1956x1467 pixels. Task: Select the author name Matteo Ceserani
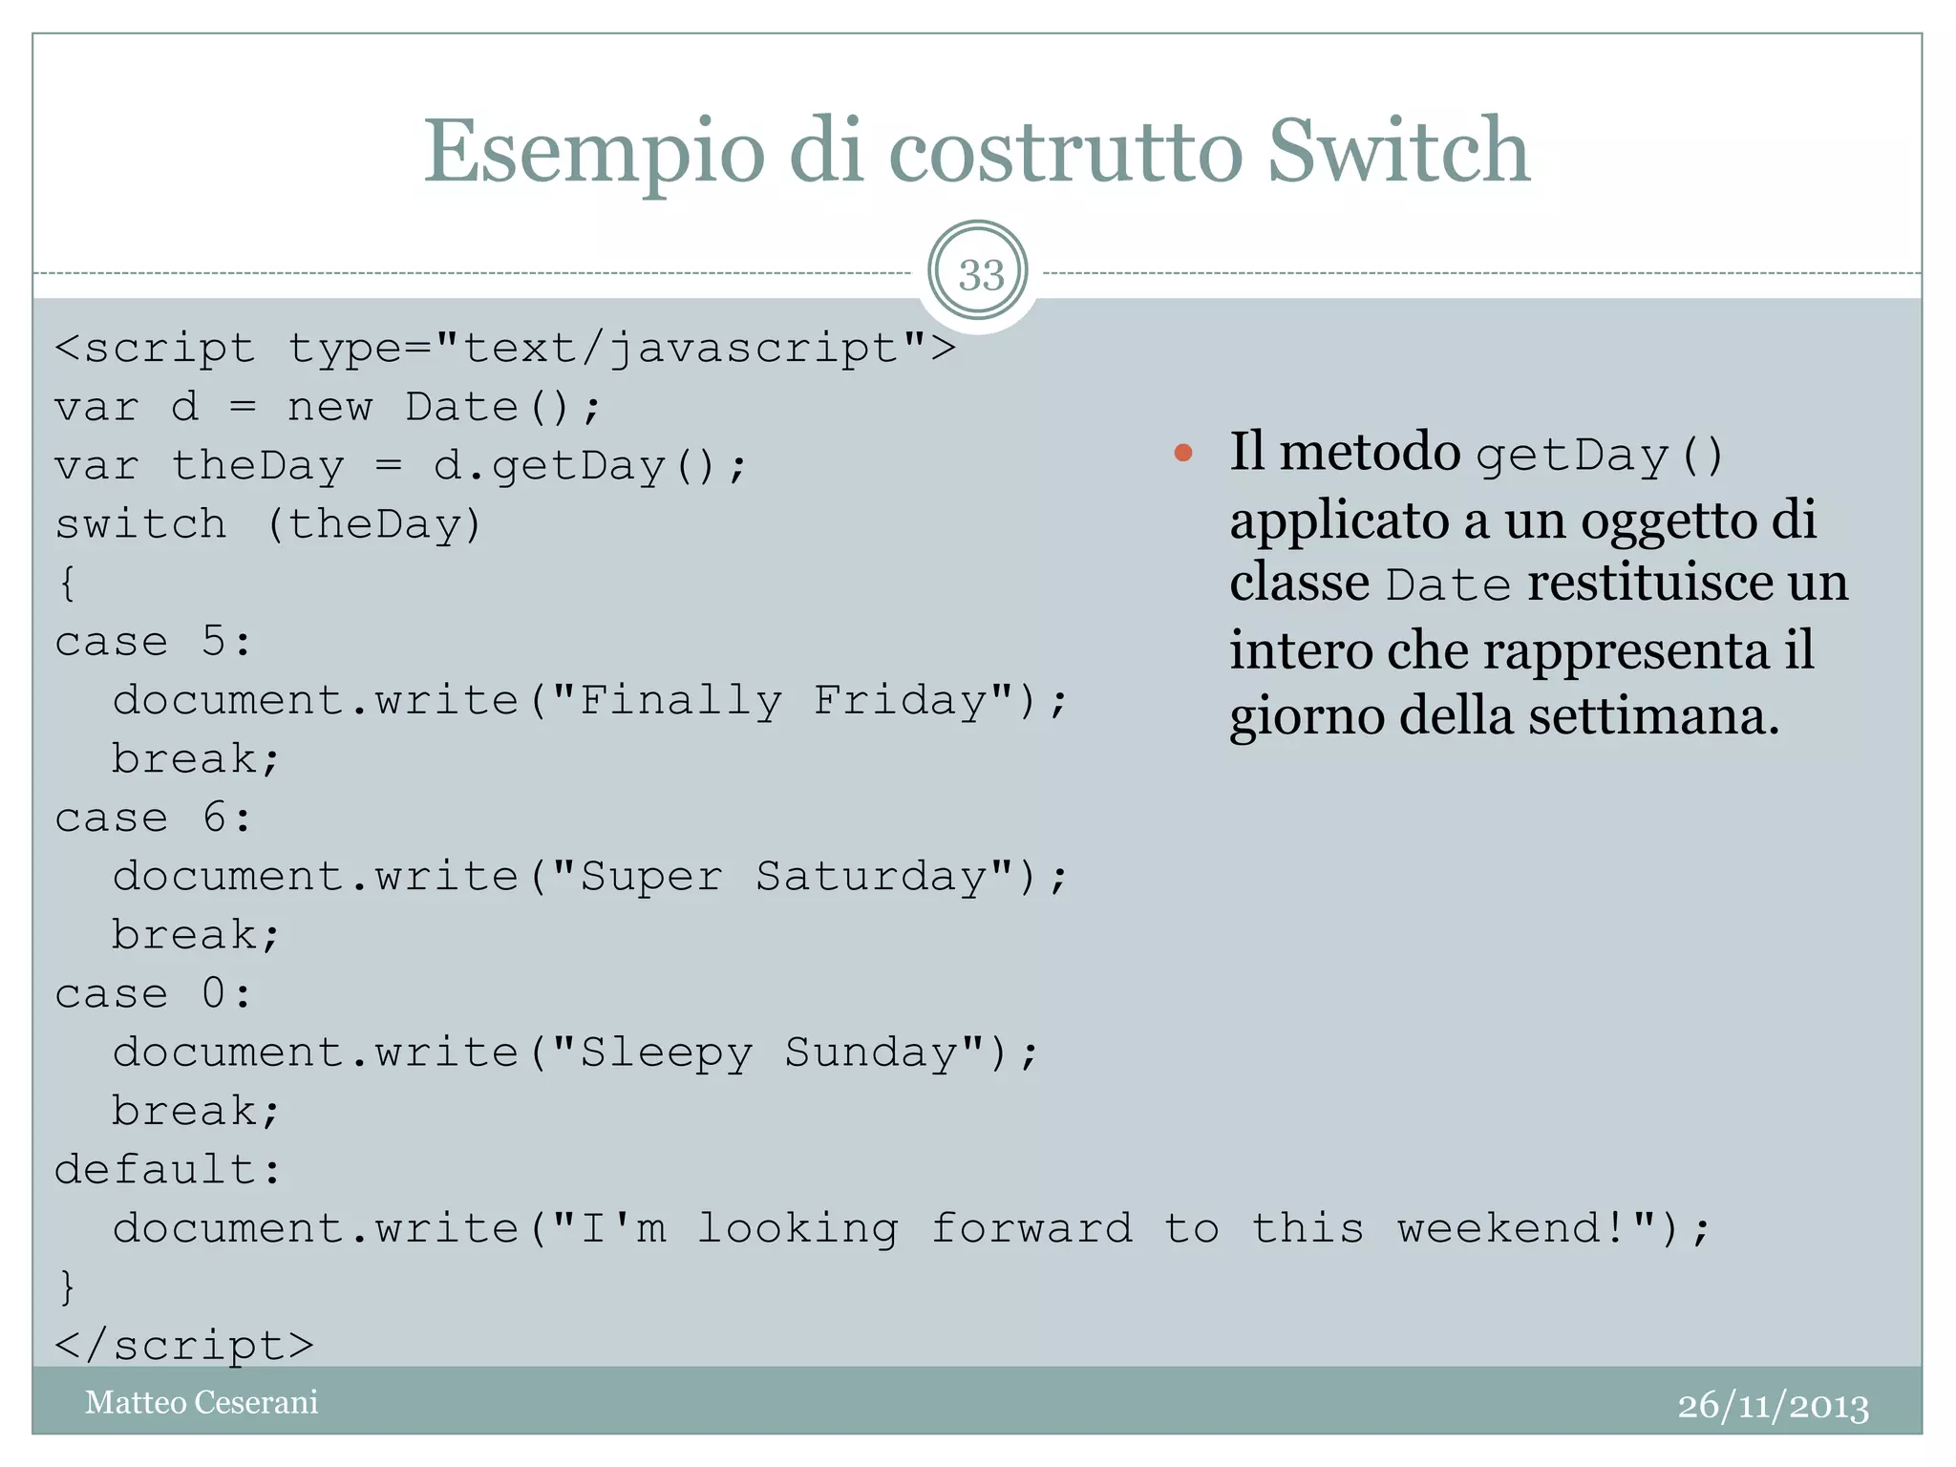[202, 1402]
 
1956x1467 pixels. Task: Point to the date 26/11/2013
[1773, 1406]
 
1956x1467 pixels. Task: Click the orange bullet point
[1183, 453]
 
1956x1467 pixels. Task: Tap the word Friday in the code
[901, 700]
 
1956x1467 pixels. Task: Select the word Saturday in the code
[872, 876]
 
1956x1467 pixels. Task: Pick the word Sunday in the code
[872, 1052]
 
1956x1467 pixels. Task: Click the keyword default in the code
[155, 1169]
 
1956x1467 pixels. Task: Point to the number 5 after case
[214, 642]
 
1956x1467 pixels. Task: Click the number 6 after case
[214, 818]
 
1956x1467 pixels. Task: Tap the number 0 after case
[214, 993]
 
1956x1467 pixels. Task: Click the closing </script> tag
[184, 1345]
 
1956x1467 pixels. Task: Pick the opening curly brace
[67, 583]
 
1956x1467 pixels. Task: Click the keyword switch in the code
[140, 524]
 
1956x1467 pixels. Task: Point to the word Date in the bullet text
[1448, 585]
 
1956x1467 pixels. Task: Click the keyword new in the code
[330, 407]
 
